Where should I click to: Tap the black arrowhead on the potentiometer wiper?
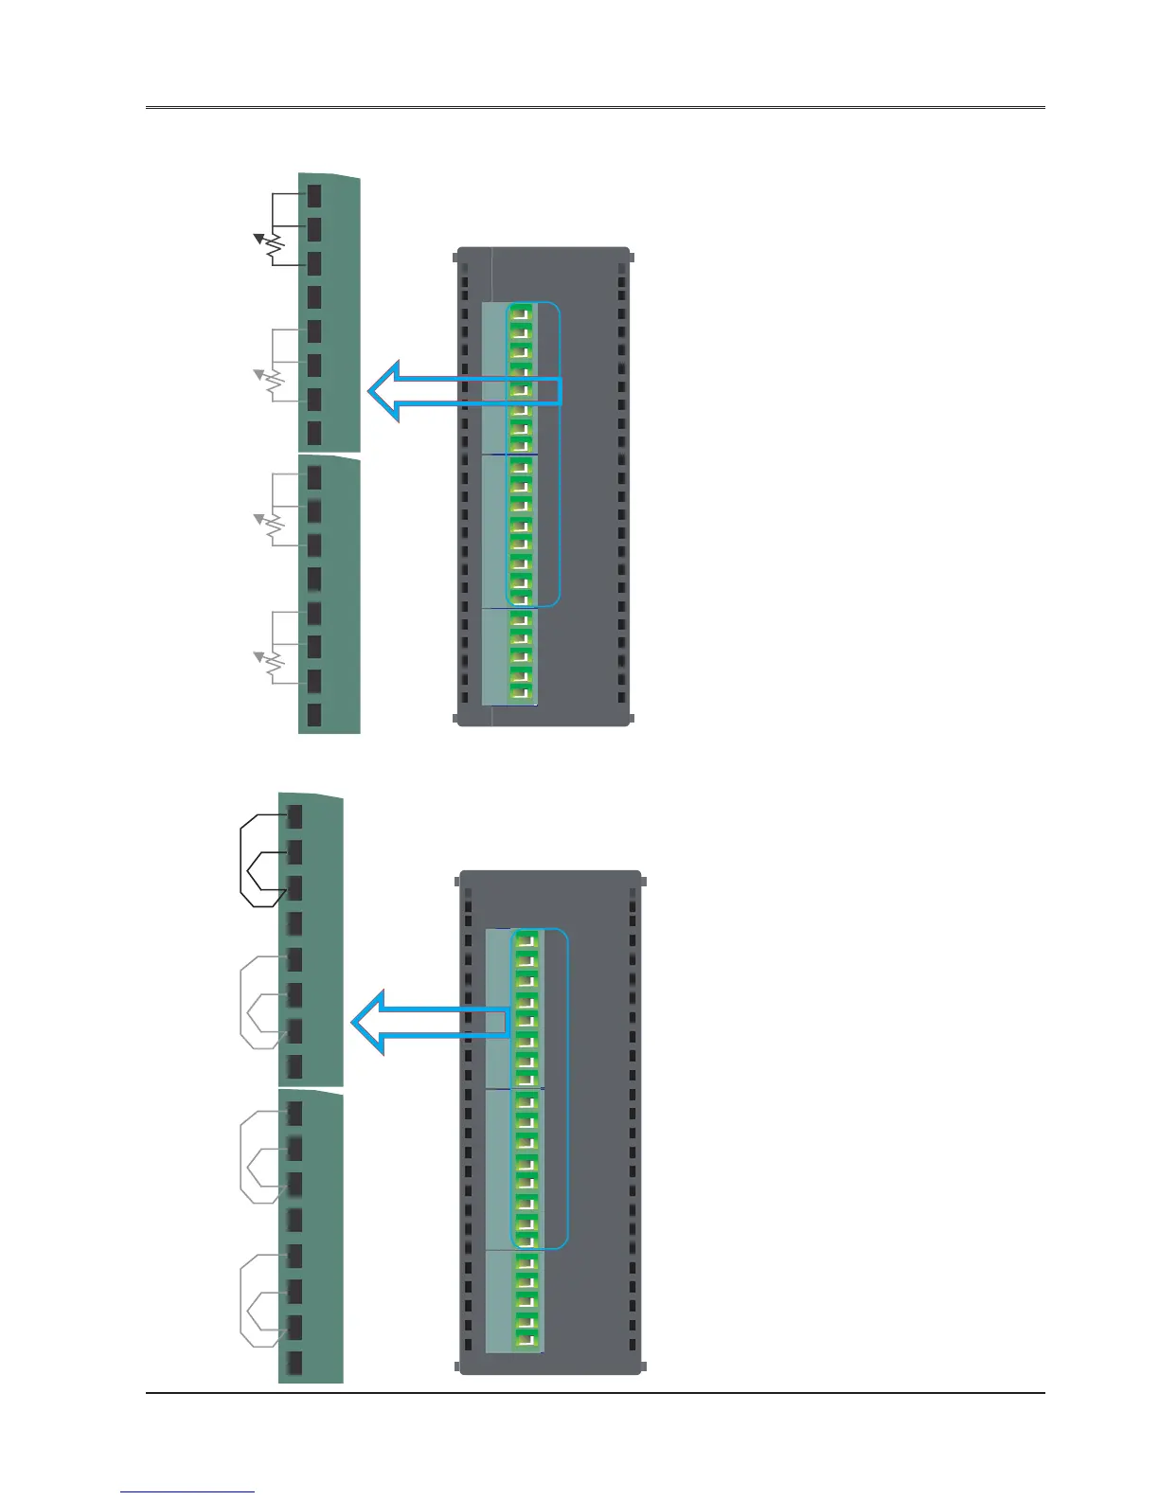pyautogui.click(x=257, y=237)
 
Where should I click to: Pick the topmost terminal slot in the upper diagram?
pyautogui.click(x=314, y=195)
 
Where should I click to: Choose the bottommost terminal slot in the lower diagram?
pyautogui.click(x=294, y=1363)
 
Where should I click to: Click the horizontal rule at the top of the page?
pyautogui.click(x=595, y=108)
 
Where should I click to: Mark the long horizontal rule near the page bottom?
pyautogui.click(x=595, y=1393)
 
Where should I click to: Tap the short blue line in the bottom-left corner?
pyautogui.click(x=187, y=1491)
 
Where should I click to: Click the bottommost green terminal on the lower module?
pyautogui.click(x=526, y=1340)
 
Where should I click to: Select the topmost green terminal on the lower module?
pyautogui.click(x=526, y=939)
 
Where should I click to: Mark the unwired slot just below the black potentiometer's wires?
pyautogui.click(x=314, y=297)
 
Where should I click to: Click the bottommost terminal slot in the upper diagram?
pyautogui.click(x=314, y=715)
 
